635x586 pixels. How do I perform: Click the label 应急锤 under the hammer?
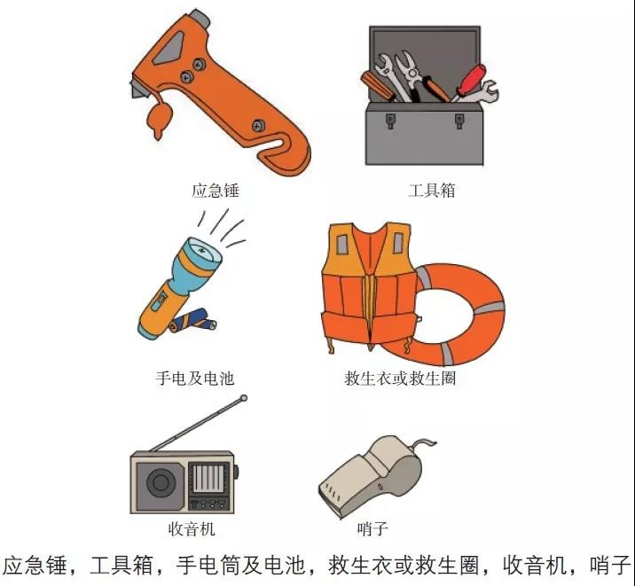pyautogui.click(x=216, y=191)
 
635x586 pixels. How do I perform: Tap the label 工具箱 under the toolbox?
pyautogui.click(x=432, y=191)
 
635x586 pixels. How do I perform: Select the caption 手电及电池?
pyautogui.click(x=195, y=378)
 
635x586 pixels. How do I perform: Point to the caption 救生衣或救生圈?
pyautogui.click(x=400, y=378)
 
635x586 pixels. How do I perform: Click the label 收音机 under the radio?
pyautogui.click(x=192, y=528)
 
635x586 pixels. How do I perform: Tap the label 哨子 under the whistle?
pyautogui.click(x=372, y=528)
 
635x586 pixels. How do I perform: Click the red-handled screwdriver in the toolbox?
pyautogui.click(x=470, y=82)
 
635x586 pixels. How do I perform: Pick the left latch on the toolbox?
pyautogui.click(x=390, y=121)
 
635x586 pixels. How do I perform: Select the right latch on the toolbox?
pyautogui.click(x=459, y=121)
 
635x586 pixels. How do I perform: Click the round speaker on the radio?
pyautogui.click(x=161, y=482)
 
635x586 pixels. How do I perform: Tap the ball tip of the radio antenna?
pyautogui.click(x=243, y=398)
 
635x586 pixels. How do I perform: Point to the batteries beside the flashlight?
pyautogui.click(x=193, y=321)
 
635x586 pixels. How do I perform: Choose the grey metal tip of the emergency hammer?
pyautogui.click(x=200, y=17)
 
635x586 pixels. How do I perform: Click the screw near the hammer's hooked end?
pyautogui.click(x=258, y=126)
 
